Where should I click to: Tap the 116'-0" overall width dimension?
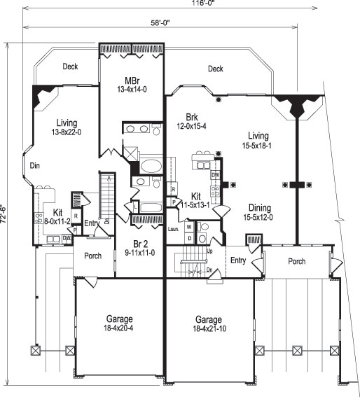186,4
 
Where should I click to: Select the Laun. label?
174,228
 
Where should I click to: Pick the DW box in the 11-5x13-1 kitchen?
216,174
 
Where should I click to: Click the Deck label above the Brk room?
215,69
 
